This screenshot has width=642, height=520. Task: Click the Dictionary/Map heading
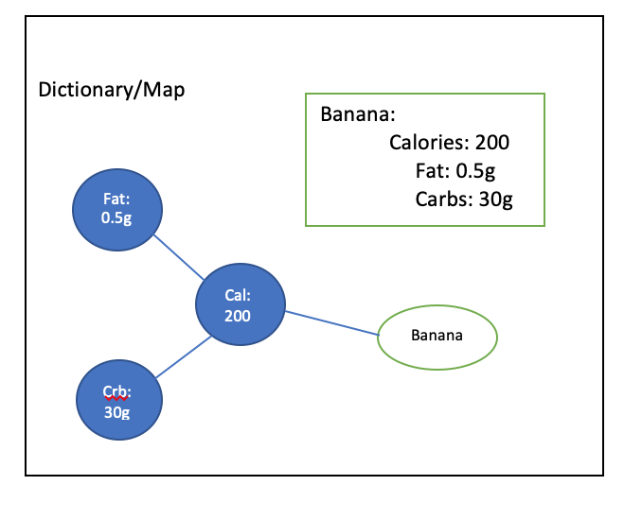(x=112, y=90)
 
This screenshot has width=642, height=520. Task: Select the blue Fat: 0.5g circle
(x=117, y=210)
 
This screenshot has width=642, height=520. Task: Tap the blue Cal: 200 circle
(x=241, y=304)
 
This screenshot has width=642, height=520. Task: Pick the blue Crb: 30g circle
(x=119, y=400)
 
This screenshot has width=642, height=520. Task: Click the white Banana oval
(x=437, y=338)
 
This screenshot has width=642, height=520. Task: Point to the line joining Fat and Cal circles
(x=179, y=257)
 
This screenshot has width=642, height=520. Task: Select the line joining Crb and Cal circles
(x=184, y=356)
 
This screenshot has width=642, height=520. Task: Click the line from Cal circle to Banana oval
(x=332, y=323)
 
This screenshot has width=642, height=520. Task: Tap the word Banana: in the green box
(x=358, y=114)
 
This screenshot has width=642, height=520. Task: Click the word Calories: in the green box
(x=429, y=142)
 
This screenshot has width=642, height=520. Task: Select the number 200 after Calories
(x=492, y=142)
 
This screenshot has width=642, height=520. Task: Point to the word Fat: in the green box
(x=433, y=171)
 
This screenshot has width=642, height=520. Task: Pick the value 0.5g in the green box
(x=475, y=172)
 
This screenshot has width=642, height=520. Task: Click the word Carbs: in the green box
(x=444, y=199)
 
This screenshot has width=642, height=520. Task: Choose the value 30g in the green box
(x=496, y=200)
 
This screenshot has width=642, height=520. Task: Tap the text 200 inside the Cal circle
(x=238, y=316)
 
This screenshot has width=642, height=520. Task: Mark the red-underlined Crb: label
(x=117, y=391)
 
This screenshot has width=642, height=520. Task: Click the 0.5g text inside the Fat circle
(x=116, y=217)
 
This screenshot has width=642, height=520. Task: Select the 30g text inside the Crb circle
(x=116, y=412)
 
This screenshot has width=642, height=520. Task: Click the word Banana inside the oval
(x=437, y=336)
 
